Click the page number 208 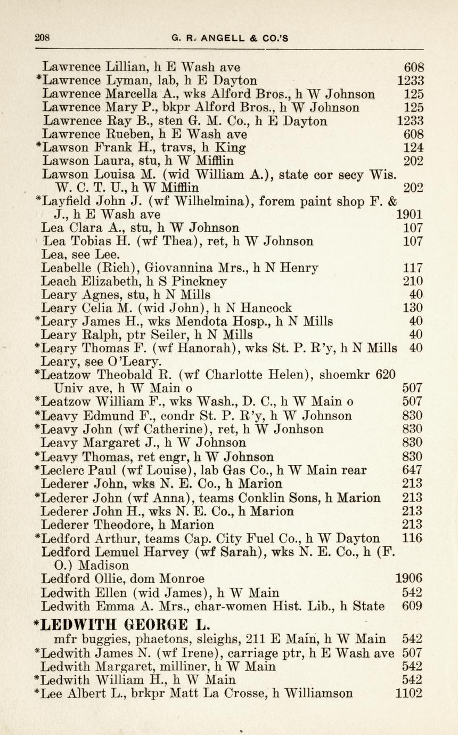pos(42,38)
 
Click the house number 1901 pos(410,215)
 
